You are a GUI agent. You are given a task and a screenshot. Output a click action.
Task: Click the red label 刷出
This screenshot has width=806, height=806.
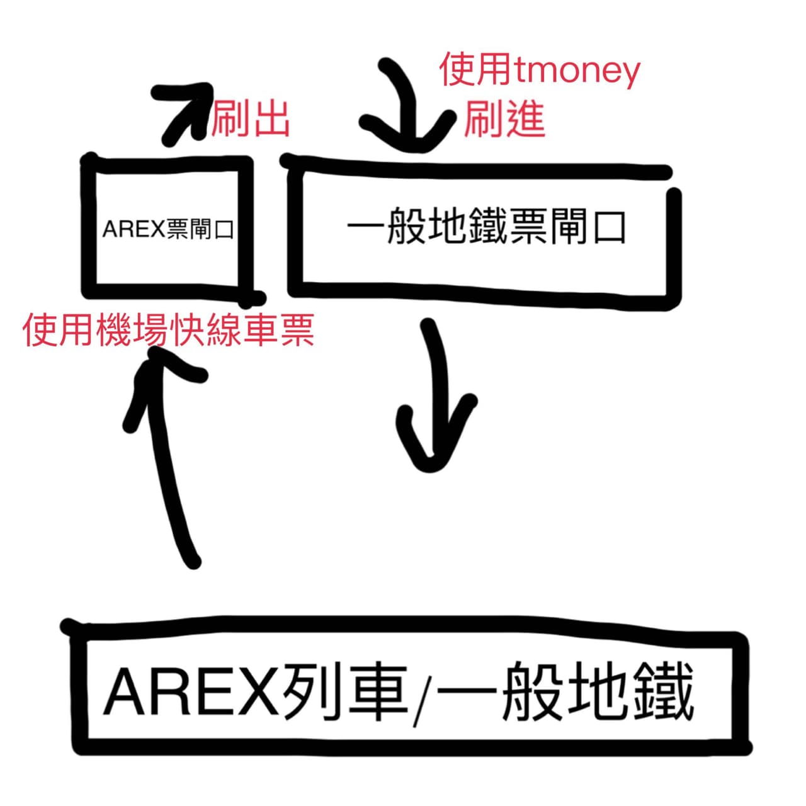point(251,119)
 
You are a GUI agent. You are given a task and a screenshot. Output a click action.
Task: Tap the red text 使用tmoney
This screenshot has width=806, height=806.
point(539,71)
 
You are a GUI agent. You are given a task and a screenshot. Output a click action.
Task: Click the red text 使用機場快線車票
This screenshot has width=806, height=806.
point(169,330)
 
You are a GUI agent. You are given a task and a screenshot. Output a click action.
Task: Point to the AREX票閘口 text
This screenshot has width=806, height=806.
point(168,230)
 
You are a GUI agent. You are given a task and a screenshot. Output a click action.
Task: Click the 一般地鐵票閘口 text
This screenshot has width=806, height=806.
point(486,228)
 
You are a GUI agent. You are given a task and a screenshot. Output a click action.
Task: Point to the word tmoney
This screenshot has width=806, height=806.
point(576,72)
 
